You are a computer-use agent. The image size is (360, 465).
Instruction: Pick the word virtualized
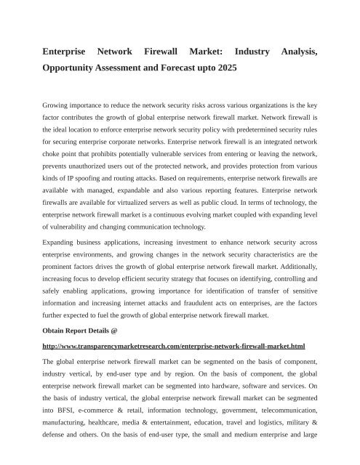(x=145, y=207)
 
